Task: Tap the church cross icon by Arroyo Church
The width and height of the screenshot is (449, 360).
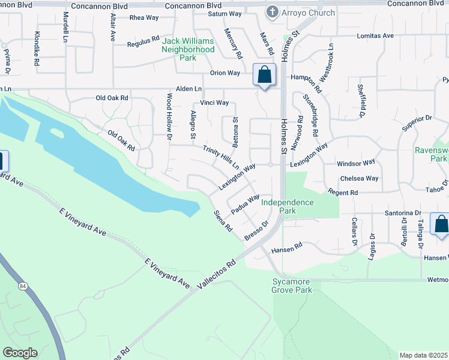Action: pyautogui.click(x=272, y=12)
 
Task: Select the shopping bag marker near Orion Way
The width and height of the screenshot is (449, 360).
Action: pyautogui.click(x=264, y=76)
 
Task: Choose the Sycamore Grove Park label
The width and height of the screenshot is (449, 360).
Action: pyautogui.click(x=292, y=286)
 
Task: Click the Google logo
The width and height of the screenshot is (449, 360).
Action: pyautogui.click(x=20, y=353)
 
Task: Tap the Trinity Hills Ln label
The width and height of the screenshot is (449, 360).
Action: pyautogui.click(x=221, y=157)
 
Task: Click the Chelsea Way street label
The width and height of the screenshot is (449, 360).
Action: pyautogui.click(x=359, y=178)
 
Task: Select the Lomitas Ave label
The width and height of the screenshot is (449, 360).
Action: pyautogui.click(x=375, y=36)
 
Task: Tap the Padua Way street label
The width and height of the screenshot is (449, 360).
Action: pyautogui.click(x=246, y=200)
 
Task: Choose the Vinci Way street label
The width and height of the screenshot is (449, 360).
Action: pyautogui.click(x=214, y=103)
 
